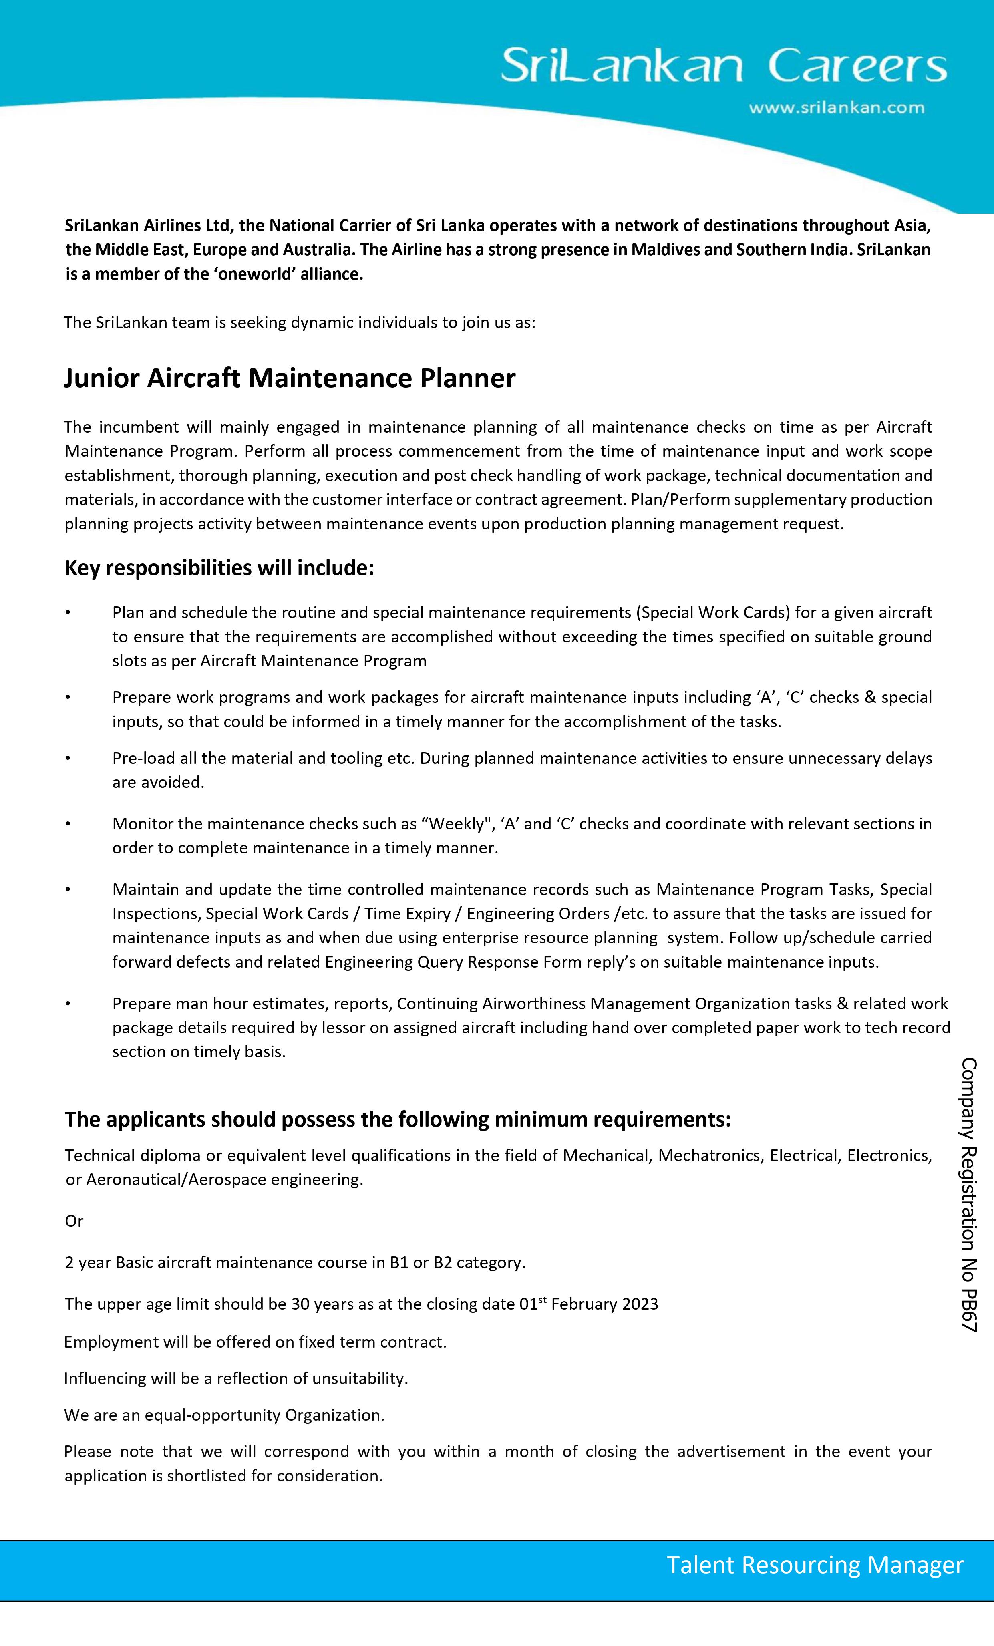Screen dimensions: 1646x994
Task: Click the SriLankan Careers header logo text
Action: click(x=723, y=65)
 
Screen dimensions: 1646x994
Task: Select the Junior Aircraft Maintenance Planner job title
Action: click(x=289, y=378)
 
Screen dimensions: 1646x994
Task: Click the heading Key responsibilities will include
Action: click(x=219, y=568)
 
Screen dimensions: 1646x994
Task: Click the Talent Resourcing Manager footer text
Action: click(x=815, y=1565)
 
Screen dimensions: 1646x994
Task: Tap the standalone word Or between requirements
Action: click(x=74, y=1221)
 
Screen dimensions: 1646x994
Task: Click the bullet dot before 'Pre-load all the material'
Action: click(x=67, y=758)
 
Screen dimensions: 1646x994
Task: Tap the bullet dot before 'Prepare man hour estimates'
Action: click(x=67, y=1003)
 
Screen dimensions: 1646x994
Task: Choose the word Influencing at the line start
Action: click(x=104, y=1378)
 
